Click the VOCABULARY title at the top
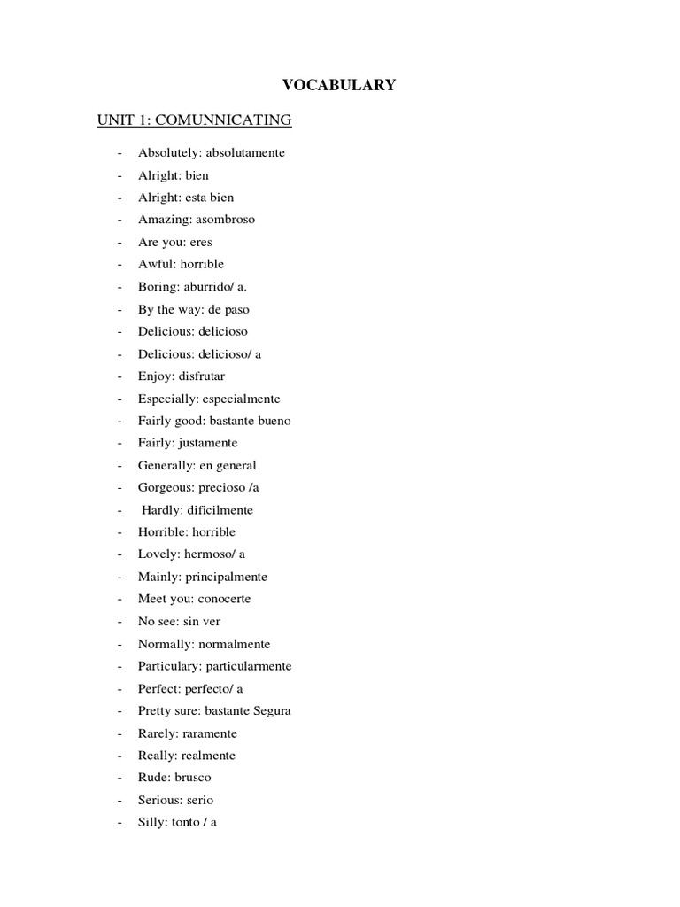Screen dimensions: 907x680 339,85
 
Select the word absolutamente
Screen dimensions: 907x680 245,152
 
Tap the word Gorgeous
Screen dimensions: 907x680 164,487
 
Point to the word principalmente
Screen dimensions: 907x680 226,577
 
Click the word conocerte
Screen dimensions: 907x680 224,599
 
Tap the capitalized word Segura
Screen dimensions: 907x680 272,710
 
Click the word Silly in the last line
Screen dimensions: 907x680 151,822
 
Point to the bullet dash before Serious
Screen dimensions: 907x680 119,800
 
